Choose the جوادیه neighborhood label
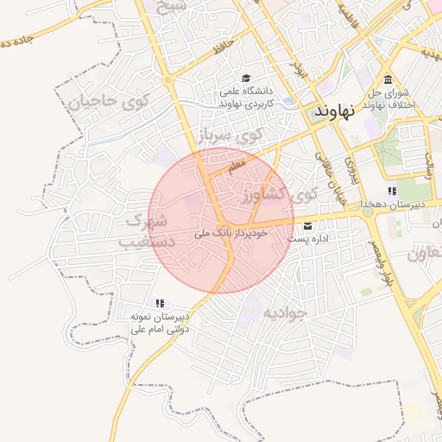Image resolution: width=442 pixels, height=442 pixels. [x=285, y=312]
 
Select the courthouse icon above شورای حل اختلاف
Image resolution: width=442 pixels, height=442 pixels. [x=388, y=79]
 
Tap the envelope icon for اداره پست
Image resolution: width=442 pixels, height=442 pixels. [x=308, y=226]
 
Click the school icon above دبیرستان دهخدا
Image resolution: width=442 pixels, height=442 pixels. [x=392, y=191]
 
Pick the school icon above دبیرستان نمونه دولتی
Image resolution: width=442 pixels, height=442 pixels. [x=159, y=303]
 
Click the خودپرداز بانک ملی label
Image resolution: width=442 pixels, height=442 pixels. [x=231, y=233]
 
